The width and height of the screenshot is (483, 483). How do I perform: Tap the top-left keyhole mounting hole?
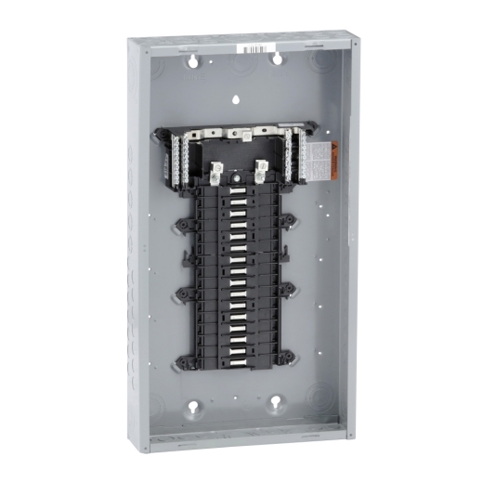pyautogui.click(x=194, y=60)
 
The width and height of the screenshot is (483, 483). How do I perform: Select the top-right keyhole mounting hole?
pyautogui.click(x=277, y=59)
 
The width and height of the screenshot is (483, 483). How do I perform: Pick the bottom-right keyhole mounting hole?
pyautogui.click(x=276, y=403)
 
